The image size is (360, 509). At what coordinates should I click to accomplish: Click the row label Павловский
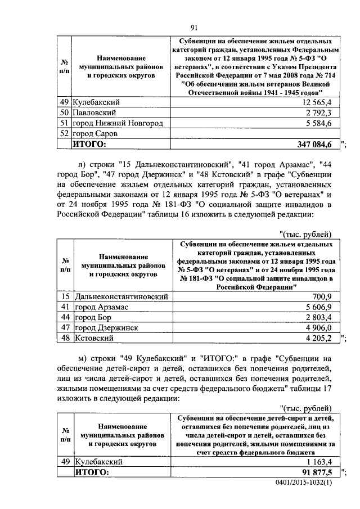96,113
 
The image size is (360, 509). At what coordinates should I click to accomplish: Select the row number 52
65,134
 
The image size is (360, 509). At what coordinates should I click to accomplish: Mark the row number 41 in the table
65,307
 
